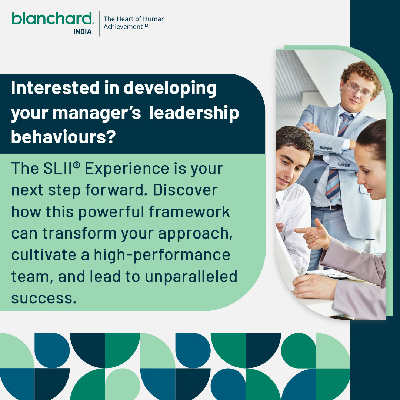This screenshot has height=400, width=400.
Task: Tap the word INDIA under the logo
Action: click(x=82, y=31)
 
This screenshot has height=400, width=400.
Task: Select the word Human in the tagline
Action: click(x=153, y=19)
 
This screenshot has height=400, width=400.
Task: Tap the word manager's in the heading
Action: click(x=97, y=113)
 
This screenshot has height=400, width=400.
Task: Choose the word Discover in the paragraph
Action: click(x=185, y=190)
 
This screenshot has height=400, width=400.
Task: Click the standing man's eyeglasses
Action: click(x=358, y=89)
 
